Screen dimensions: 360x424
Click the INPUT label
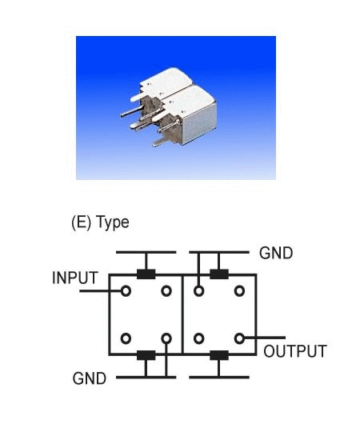(75, 278)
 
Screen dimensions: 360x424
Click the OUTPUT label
(295, 351)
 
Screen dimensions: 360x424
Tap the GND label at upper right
(276, 253)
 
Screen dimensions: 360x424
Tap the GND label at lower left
(90, 378)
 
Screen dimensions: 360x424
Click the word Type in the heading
(113, 223)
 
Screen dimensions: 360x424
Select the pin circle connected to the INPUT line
(126, 291)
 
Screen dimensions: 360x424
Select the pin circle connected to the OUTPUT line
(239, 338)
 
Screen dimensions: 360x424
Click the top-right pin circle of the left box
(166, 291)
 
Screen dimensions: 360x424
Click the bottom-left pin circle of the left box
(126, 338)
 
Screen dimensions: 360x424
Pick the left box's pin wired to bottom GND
(166, 338)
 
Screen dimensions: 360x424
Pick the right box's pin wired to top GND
(198, 291)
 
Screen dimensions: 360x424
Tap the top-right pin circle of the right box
(239, 291)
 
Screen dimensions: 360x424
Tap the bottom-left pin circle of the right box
(198, 338)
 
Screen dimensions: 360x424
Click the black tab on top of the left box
(146, 274)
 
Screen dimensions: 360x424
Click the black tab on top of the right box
(219, 274)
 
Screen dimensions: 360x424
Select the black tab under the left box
(146, 355)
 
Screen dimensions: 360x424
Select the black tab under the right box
(219, 355)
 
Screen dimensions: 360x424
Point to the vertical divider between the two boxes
(182, 314)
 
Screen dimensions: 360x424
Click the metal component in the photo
(173, 108)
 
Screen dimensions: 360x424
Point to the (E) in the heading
(82, 222)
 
